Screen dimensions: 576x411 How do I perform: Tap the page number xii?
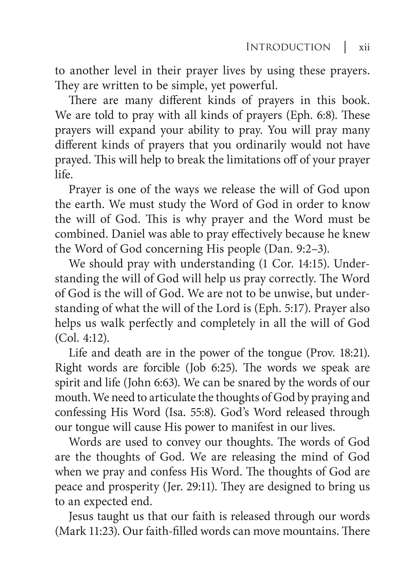(364, 47)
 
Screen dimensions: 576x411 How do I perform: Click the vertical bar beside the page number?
(345, 47)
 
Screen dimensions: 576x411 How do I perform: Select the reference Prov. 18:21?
(338, 353)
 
